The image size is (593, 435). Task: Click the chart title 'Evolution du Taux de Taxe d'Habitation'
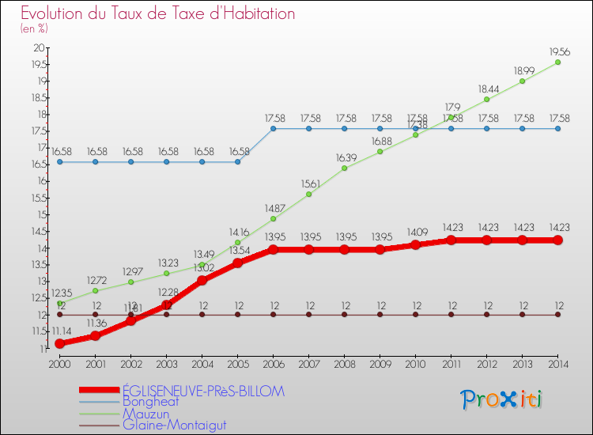[x=158, y=14]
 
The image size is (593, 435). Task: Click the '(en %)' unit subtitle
[x=34, y=28]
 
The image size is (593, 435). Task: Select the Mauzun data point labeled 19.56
[x=557, y=62]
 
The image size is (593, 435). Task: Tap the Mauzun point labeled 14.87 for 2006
[x=274, y=219]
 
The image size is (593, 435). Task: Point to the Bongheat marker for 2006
[x=274, y=128]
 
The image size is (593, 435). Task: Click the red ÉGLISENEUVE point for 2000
[x=59, y=343]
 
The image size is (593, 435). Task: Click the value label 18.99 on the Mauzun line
[x=522, y=70]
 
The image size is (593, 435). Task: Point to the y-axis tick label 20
[x=38, y=47]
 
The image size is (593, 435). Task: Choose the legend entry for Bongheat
[x=150, y=402]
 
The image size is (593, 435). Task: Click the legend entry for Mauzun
[x=145, y=413]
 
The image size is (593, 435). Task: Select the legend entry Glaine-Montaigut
[x=174, y=425]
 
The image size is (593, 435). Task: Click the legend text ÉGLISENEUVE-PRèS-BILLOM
[x=202, y=391]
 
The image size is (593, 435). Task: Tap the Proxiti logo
[x=502, y=399]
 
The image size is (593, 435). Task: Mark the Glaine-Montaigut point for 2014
[x=557, y=315]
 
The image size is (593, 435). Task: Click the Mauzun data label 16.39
[x=345, y=157]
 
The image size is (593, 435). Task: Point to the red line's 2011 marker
[x=451, y=240]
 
